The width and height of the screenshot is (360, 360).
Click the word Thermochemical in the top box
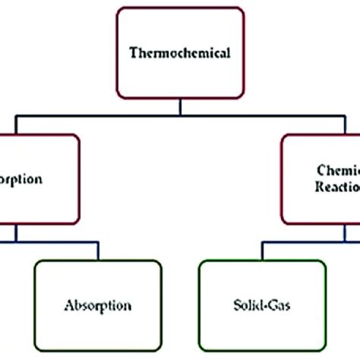coord(181,54)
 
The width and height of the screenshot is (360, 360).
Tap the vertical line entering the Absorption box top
coord(98,253)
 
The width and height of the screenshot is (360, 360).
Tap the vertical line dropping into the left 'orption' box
coord(13,125)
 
